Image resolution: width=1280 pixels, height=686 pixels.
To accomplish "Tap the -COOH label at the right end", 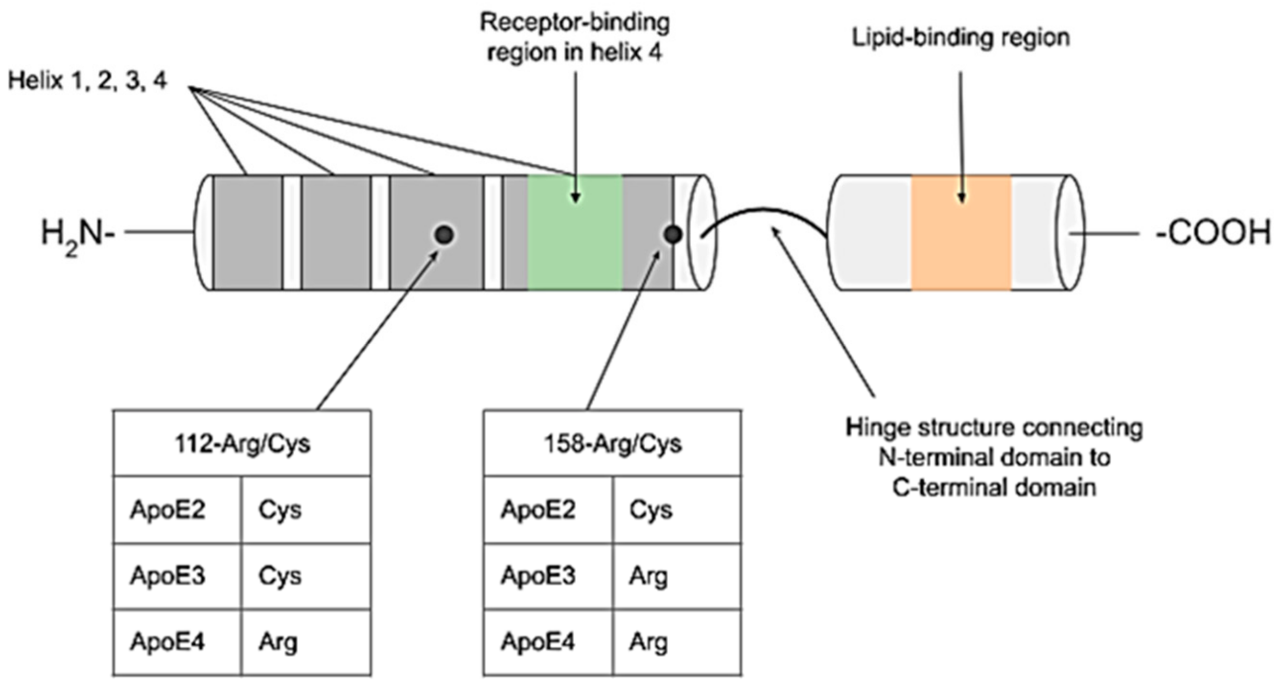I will (x=1212, y=233).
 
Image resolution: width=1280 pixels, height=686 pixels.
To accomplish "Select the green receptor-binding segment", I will (x=574, y=248).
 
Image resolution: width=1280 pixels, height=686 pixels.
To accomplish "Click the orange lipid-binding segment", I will (x=961, y=248).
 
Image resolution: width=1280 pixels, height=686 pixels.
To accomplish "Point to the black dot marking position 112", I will (x=444, y=234).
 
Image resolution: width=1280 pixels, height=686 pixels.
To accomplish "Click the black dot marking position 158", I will (x=673, y=234).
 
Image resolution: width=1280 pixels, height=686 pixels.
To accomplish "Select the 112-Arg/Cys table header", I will (x=242, y=443).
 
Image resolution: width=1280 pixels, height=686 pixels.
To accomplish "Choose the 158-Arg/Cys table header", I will (x=613, y=443).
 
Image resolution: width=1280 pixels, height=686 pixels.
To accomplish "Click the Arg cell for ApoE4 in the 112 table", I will (x=278, y=642).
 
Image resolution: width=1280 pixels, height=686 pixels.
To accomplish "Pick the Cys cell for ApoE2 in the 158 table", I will (x=651, y=510).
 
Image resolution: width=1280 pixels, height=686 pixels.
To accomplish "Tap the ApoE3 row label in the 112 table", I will (x=167, y=576).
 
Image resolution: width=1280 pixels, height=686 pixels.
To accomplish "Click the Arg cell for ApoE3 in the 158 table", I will (x=649, y=576).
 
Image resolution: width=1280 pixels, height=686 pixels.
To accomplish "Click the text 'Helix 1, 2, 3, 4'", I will (x=87, y=81).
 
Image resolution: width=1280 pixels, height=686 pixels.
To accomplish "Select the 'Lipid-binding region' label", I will (x=961, y=38).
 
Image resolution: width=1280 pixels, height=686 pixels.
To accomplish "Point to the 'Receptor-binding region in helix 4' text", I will (x=574, y=37).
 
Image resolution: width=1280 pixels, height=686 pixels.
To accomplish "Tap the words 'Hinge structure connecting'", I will (x=994, y=428).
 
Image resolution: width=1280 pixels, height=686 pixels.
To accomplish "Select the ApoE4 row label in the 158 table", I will (x=537, y=642).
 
